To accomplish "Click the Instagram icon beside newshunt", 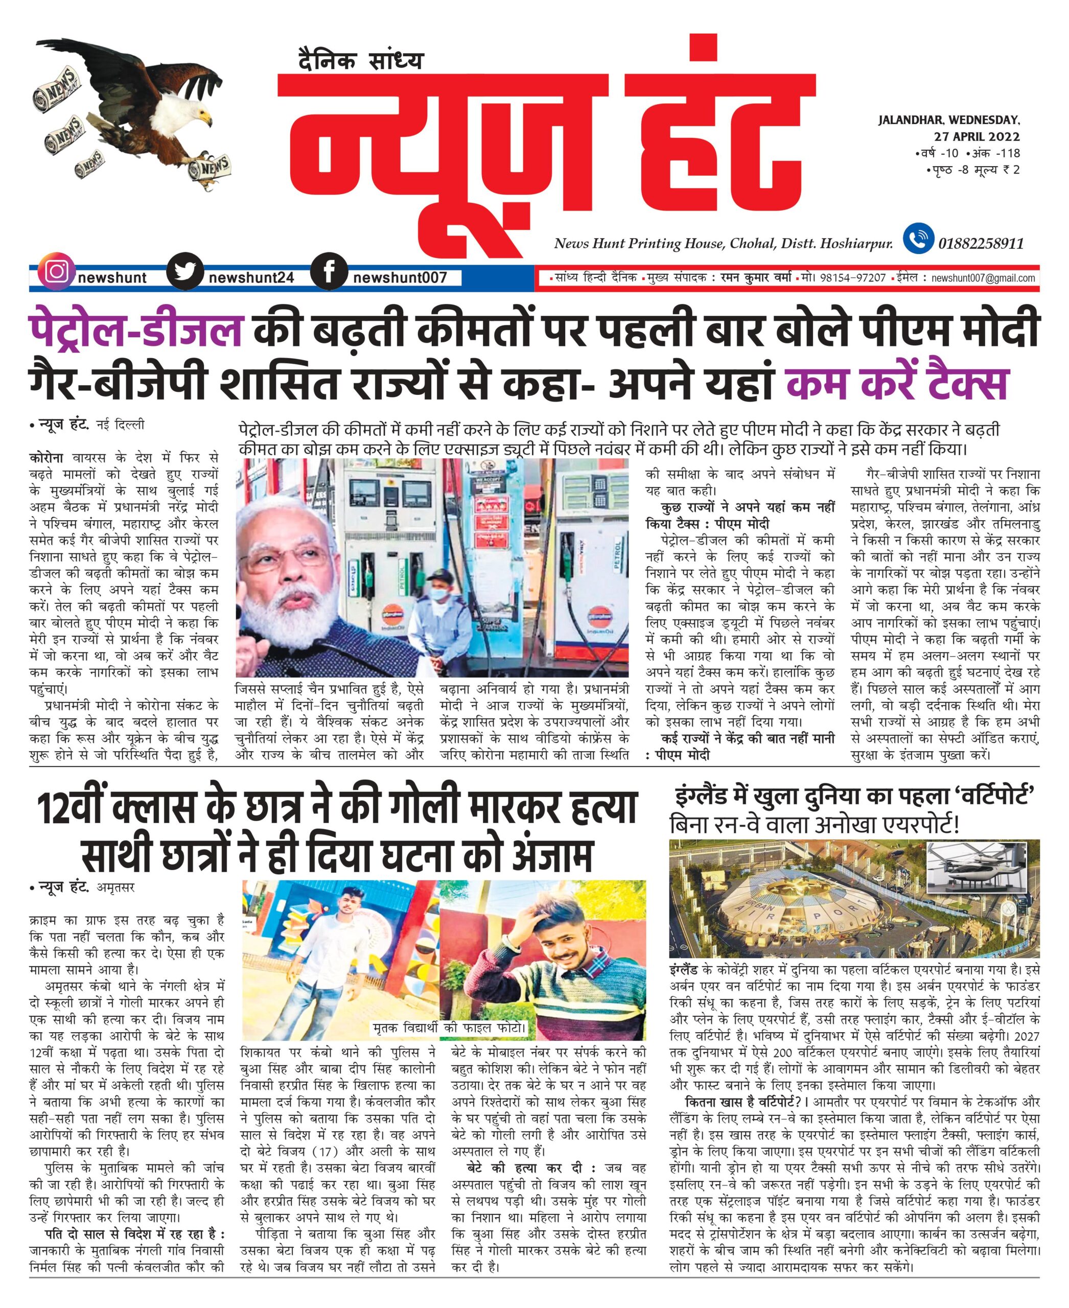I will tap(56, 272).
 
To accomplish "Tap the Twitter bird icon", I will tap(185, 272).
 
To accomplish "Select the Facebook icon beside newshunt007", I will tap(330, 272).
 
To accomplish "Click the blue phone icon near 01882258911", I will tap(918, 239).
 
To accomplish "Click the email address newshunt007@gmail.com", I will tap(983, 278).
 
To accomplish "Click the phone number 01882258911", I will tap(980, 243).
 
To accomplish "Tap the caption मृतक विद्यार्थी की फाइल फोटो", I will tap(450, 1028).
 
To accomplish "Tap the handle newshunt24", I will tap(251, 278).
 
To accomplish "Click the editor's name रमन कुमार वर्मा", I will tap(755, 278).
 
